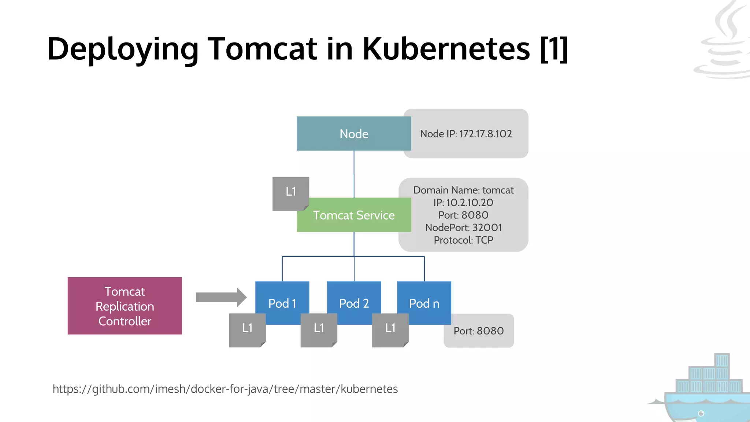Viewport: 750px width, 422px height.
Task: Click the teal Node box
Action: tap(354, 134)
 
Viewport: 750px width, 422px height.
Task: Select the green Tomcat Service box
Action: tap(354, 215)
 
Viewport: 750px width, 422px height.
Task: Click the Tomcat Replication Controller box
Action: tap(125, 306)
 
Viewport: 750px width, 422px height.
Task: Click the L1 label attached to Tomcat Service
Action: tap(291, 192)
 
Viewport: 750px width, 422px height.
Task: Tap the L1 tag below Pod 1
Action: tap(247, 328)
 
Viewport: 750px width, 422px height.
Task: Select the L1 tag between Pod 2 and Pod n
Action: tap(390, 328)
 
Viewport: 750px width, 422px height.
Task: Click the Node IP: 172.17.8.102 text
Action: tap(466, 134)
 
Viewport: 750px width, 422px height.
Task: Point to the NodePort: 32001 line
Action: tap(463, 227)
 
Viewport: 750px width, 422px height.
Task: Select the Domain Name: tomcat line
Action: tap(463, 190)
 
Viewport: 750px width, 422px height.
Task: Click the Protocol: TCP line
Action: tap(463, 240)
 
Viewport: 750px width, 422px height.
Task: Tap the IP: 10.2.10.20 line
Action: tap(463, 203)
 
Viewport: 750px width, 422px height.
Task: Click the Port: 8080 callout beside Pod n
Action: tap(479, 331)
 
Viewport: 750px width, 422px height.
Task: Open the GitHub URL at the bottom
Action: tap(225, 389)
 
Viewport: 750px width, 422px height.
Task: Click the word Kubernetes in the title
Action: tap(446, 49)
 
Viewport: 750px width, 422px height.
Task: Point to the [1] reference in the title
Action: tap(554, 49)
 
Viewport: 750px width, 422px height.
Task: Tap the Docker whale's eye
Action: tap(701, 414)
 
